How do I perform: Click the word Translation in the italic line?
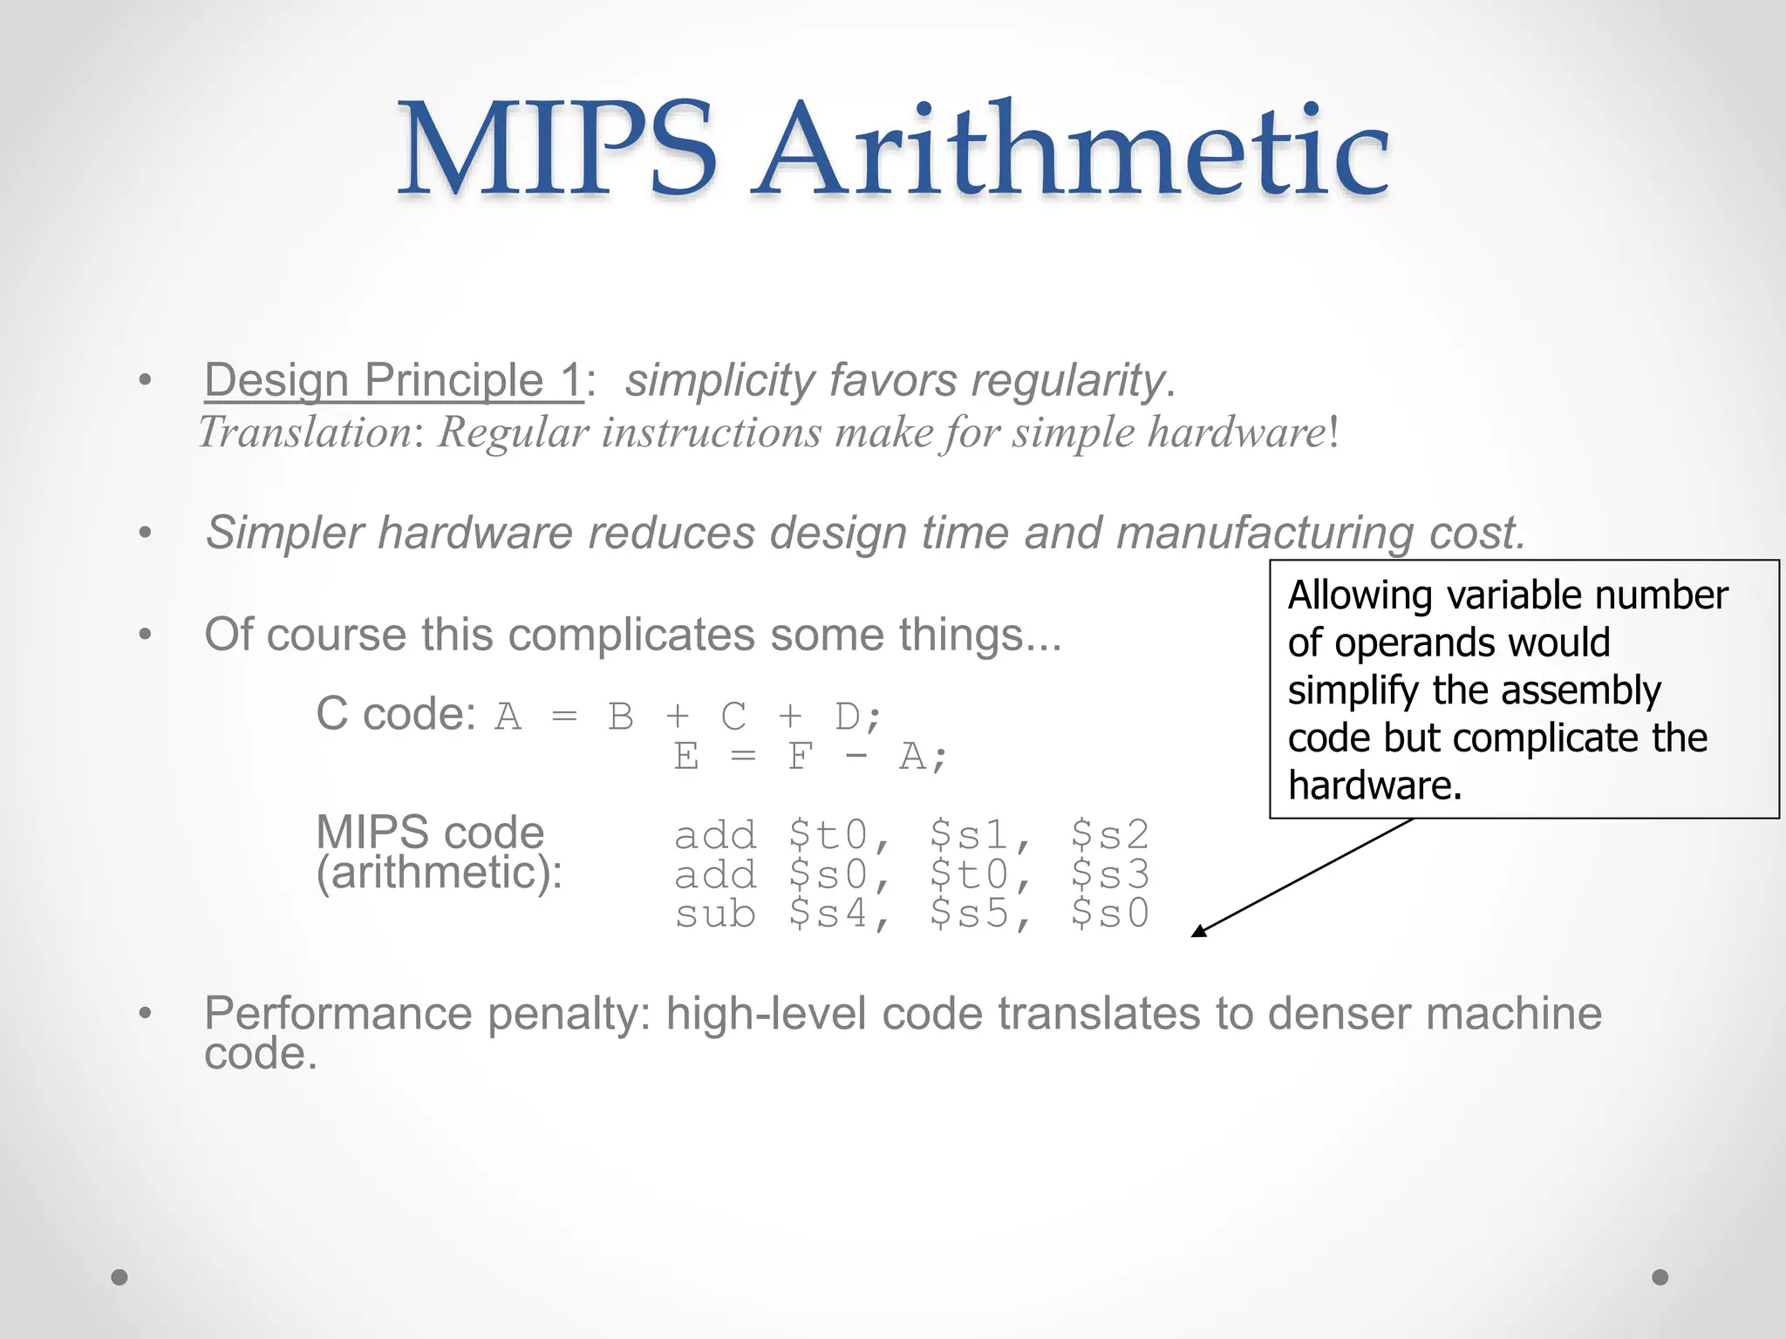pos(305,432)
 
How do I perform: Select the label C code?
pos(395,714)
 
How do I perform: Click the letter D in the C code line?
pos(848,717)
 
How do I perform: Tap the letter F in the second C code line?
pos(799,756)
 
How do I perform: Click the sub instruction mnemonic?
pos(715,914)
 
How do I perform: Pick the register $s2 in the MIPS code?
pos(1109,835)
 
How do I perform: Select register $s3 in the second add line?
pos(1109,874)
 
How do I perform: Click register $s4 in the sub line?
pos(828,914)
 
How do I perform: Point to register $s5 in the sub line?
pos(969,914)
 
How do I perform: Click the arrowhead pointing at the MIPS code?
pos(1198,932)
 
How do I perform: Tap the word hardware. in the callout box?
pos(1374,785)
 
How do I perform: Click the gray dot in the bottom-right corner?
pos(1660,1277)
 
